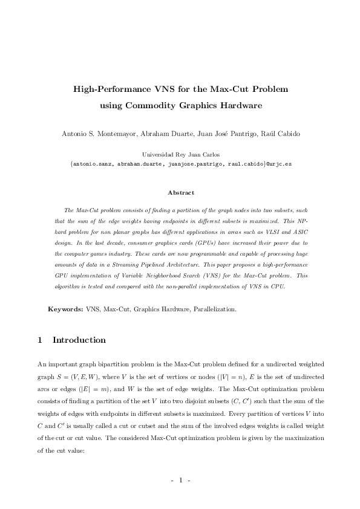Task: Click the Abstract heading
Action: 180,193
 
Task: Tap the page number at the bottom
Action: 180,480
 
